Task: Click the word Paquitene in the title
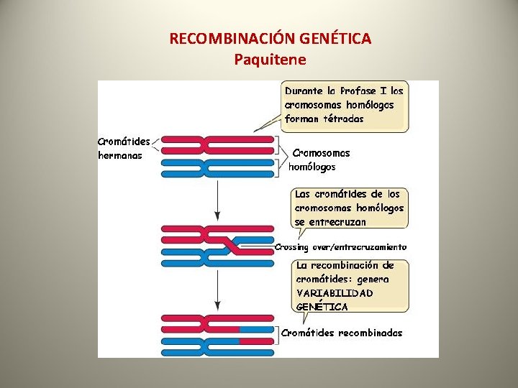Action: [270, 59]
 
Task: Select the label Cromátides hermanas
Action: [123, 148]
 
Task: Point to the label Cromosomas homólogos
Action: [317, 160]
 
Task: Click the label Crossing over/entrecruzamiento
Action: [340, 247]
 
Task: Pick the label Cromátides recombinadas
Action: [342, 333]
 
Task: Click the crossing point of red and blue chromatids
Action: [231, 244]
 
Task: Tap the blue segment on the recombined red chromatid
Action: [253, 328]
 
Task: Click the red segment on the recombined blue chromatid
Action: [253, 338]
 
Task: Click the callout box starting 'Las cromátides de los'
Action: [350, 208]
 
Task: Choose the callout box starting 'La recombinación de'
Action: [352, 285]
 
